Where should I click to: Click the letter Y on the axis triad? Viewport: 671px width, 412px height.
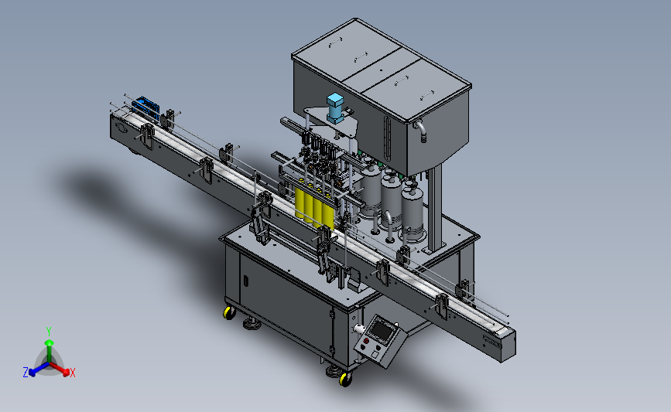(x=49, y=332)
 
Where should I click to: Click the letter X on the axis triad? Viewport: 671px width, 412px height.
(x=73, y=373)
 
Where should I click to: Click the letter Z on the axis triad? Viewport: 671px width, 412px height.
(x=26, y=373)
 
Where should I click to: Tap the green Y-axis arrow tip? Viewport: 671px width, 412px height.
(x=50, y=342)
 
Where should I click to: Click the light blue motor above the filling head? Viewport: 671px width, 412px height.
(x=334, y=107)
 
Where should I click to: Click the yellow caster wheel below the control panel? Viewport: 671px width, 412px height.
(x=345, y=379)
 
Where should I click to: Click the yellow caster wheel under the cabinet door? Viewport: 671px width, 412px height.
(x=229, y=313)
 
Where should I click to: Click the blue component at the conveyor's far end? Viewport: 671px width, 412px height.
(x=146, y=108)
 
